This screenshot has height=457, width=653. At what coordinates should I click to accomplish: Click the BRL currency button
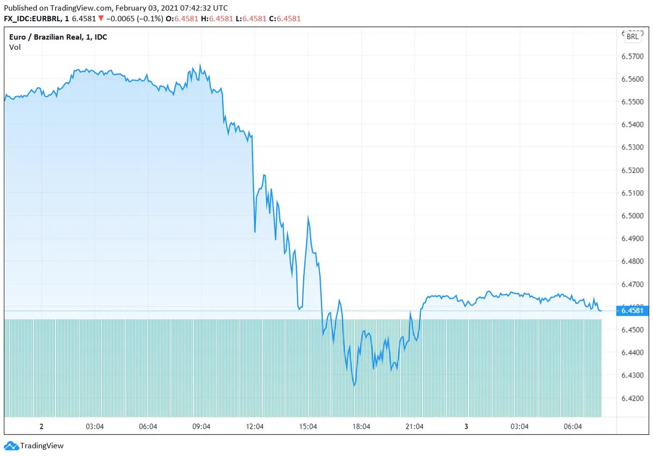coord(632,36)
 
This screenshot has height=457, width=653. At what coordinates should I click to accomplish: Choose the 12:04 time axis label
coord(255,427)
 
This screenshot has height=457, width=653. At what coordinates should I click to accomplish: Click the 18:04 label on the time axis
coord(361,427)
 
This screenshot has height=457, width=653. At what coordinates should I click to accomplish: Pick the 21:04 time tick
coord(415,427)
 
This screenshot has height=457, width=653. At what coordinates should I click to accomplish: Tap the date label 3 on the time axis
coord(466,427)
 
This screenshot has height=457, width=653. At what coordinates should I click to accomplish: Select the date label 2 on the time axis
coord(41,427)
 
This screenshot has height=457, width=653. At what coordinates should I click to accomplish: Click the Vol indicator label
coord(15,47)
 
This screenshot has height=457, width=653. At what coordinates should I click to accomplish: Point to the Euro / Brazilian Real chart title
coord(58,37)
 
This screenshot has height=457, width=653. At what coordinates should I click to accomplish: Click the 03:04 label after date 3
coord(520,427)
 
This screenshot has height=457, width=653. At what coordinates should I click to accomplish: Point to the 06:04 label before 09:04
coord(148,427)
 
